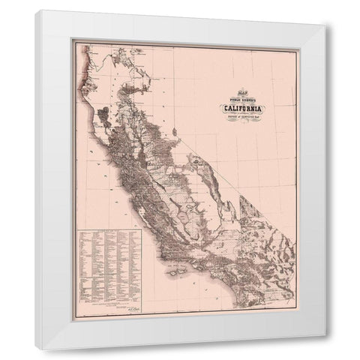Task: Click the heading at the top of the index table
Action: point(112,232)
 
